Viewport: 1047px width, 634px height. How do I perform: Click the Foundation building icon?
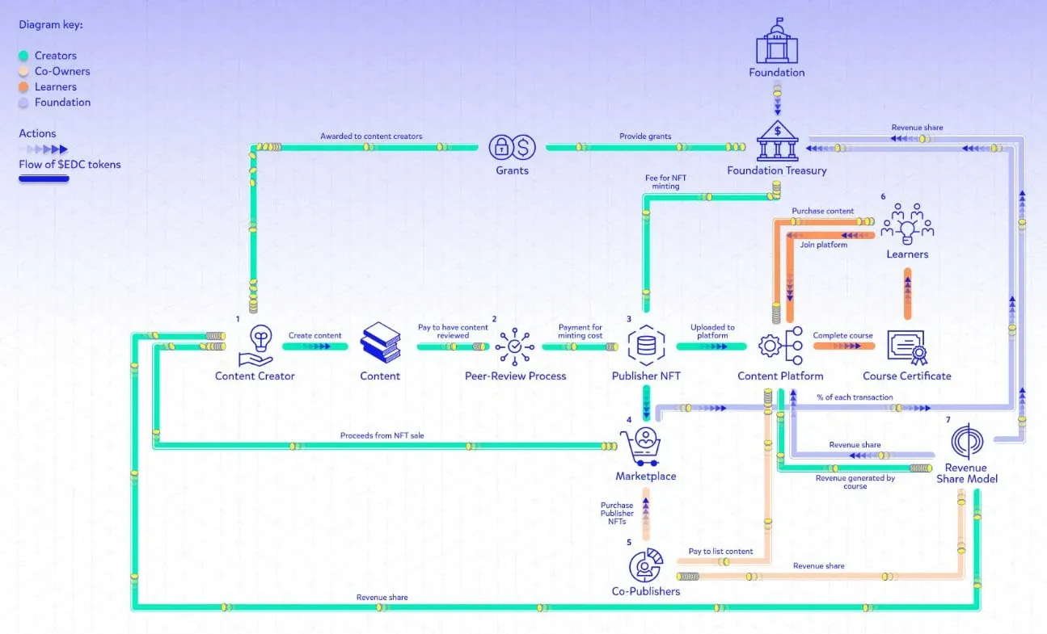pyautogui.click(x=776, y=41)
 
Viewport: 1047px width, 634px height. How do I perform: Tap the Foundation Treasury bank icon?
pyautogui.click(x=777, y=141)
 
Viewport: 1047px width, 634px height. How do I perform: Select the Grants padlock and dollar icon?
pyautogui.click(x=513, y=147)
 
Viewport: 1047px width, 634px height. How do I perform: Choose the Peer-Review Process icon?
pyautogui.click(x=515, y=346)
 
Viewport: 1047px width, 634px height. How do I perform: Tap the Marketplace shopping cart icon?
pyautogui.click(x=644, y=447)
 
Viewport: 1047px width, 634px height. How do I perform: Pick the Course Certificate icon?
pyautogui.click(x=906, y=346)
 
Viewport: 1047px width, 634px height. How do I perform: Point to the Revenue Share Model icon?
pyautogui.click(x=967, y=442)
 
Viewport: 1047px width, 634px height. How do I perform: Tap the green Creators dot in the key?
pyautogui.click(x=24, y=56)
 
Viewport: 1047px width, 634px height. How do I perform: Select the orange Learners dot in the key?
pyautogui.click(x=24, y=87)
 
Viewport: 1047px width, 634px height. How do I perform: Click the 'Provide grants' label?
pyautogui.click(x=645, y=136)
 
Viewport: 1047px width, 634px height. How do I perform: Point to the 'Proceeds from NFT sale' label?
pyautogui.click(x=382, y=435)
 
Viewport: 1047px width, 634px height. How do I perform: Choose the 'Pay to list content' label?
pyautogui.click(x=720, y=552)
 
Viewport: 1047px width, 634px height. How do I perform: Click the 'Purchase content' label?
pyautogui.click(x=822, y=211)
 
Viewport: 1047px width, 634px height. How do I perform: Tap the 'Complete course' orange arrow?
pyautogui.click(x=843, y=346)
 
